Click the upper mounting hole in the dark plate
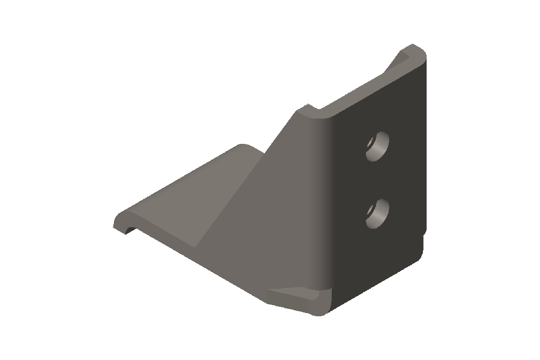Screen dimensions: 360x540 [378, 146]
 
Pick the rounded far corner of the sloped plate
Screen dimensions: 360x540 [242, 146]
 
